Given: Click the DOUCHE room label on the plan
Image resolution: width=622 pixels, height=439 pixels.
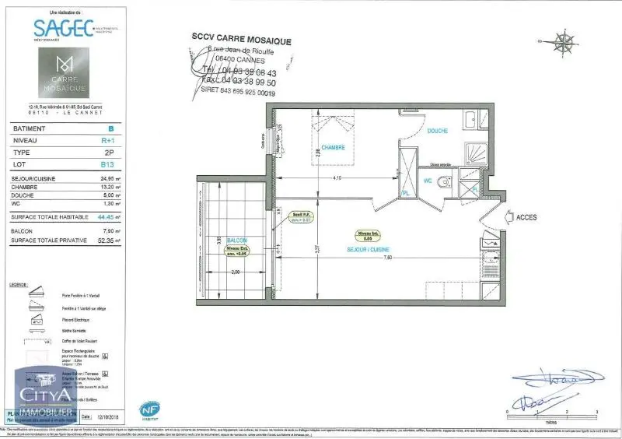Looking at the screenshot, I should [x=437, y=132].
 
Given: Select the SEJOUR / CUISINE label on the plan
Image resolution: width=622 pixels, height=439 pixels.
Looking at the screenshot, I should [x=368, y=249].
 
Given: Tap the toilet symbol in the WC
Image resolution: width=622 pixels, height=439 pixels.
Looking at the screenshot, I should [x=444, y=183].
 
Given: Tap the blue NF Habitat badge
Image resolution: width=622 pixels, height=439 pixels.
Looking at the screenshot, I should [x=149, y=408].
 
